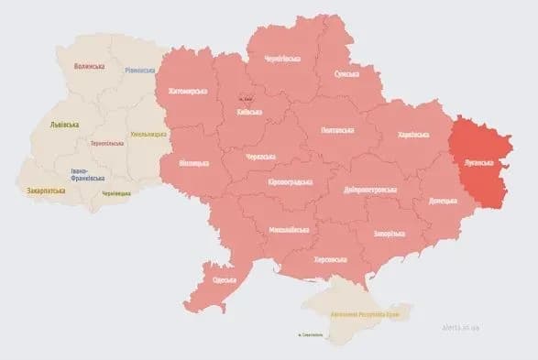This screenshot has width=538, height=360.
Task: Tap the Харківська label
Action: click(x=412, y=135)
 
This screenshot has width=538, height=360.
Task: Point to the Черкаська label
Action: click(x=261, y=157)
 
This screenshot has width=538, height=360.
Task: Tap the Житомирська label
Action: click(x=187, y=92)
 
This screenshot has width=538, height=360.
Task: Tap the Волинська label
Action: click(x=89, y=66)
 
